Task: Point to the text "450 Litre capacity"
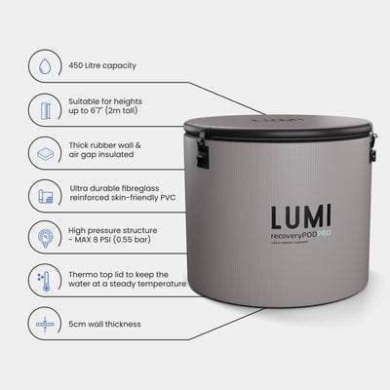click(102, 66)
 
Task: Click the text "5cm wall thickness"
click(104, 324)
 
